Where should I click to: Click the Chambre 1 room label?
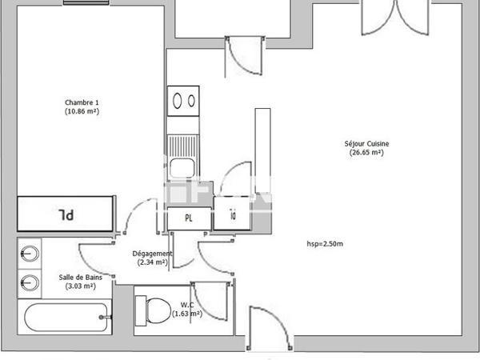coord(82,102)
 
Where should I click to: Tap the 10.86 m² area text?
coord(82,111)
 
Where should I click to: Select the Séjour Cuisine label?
coord(366,144)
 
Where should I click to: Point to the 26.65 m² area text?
coord(366,153)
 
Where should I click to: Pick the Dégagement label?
coord(152,254)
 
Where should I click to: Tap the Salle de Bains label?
coord(80,278)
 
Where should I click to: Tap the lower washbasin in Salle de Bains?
coord(29,282)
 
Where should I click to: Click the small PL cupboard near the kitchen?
coord(189,218)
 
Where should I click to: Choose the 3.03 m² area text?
coord(80,286)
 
